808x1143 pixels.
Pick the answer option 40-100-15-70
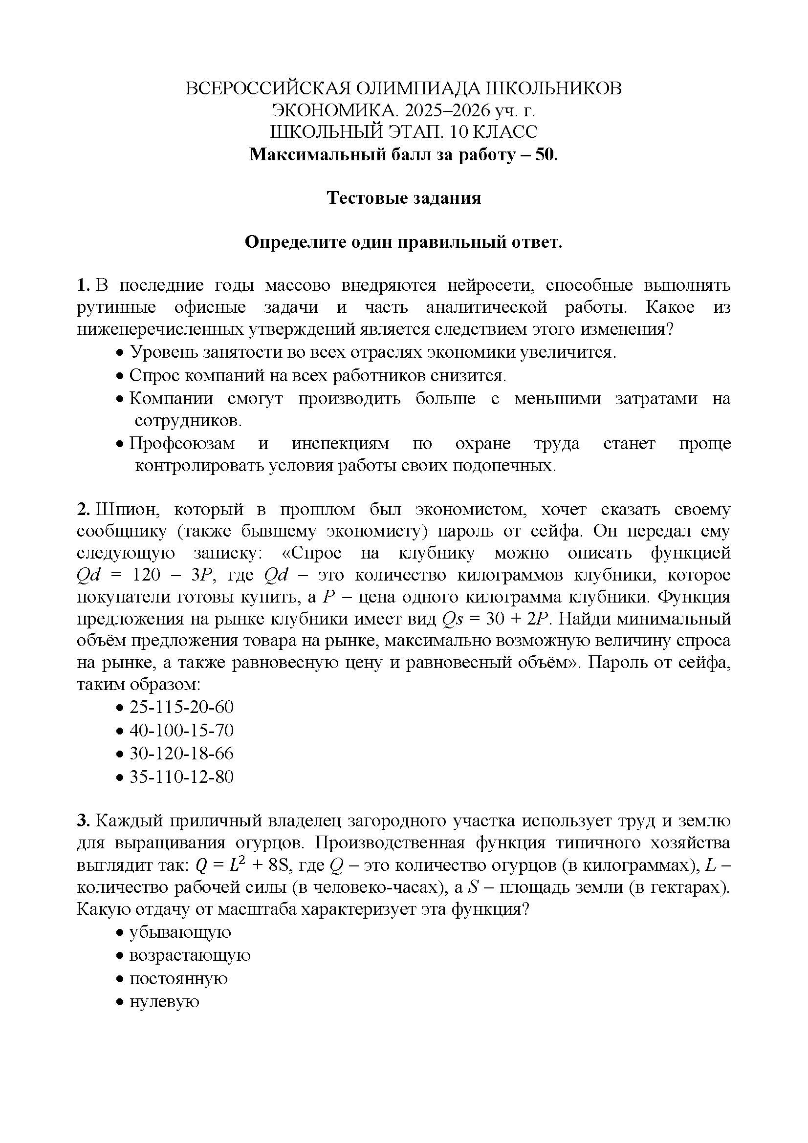[181, 730]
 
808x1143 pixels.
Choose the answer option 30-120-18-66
[181, 753]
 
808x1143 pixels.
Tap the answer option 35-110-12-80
[181, 776]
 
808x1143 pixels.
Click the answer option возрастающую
[190, 955]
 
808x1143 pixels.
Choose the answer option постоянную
[178, 978]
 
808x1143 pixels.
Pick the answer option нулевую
[164, 1001]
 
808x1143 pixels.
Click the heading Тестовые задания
[404, 198]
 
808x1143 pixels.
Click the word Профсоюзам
[182, 443]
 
